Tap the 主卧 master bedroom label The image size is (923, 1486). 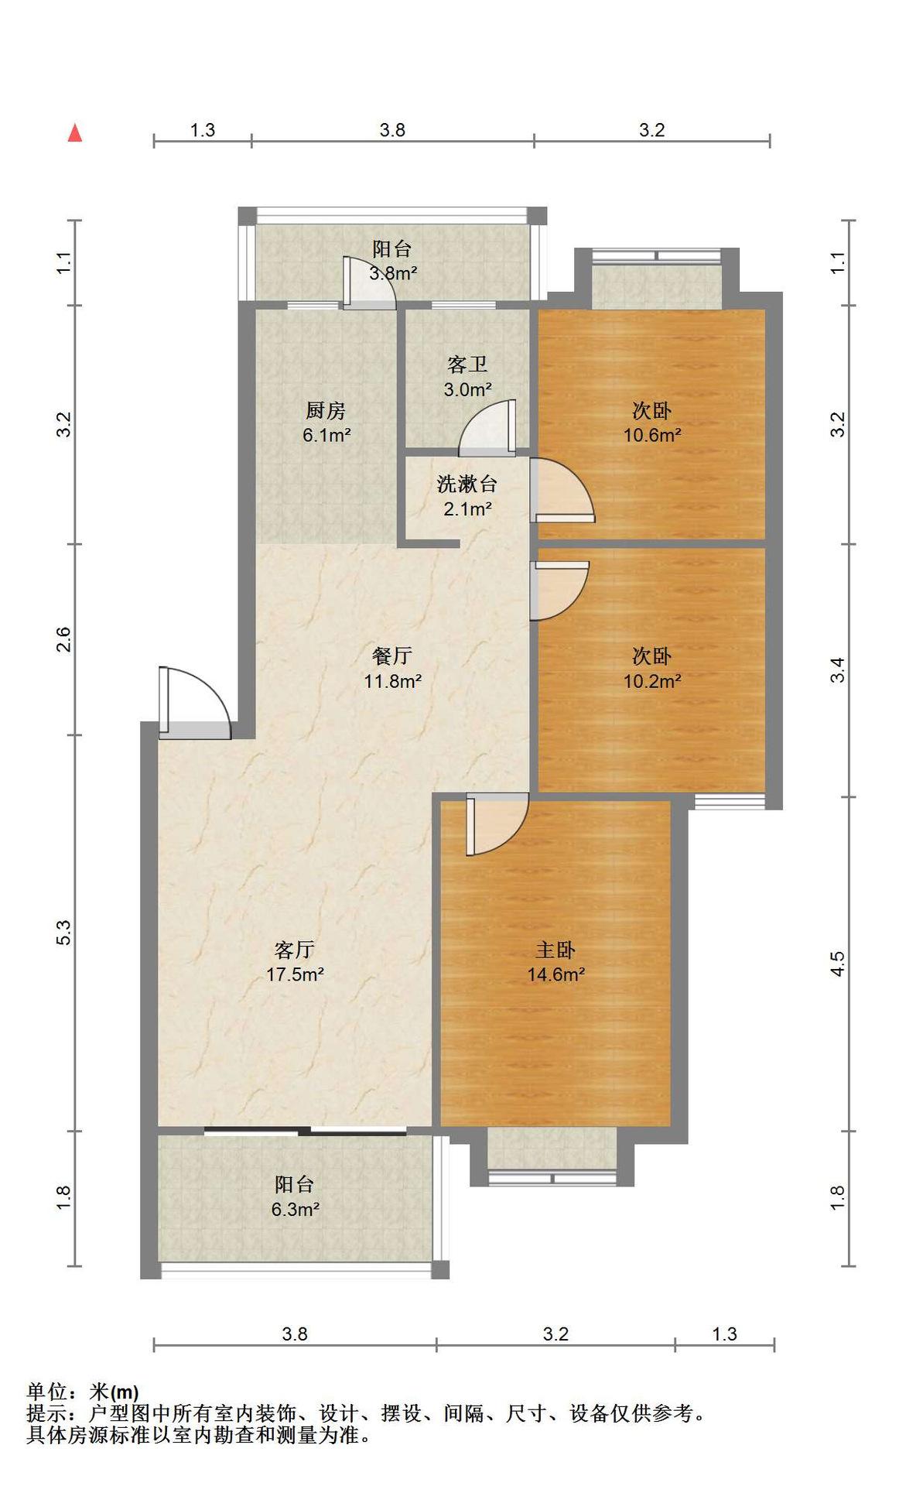(x=556, y=950)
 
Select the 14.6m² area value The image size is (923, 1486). (x=556, y=974)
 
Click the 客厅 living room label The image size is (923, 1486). (x=294, y=949)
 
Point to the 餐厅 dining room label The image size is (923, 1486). (x=392, y=656)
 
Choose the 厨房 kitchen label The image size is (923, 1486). (x=326, y=410)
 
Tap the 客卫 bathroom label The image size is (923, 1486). (x=467, y=364)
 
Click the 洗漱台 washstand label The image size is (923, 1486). (x=467, y=484)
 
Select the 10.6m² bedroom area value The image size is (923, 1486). (x=652, y=435)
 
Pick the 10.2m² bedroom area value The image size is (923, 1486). (x=652, y=681)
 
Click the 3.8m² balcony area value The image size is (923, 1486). (x=393, y=273)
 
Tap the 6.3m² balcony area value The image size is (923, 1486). (x=295, y=1209)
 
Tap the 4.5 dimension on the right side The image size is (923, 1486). (x=838, y=964)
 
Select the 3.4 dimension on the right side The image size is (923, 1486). (x=838, y=669)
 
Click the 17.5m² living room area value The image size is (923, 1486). (x=295, y=974)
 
